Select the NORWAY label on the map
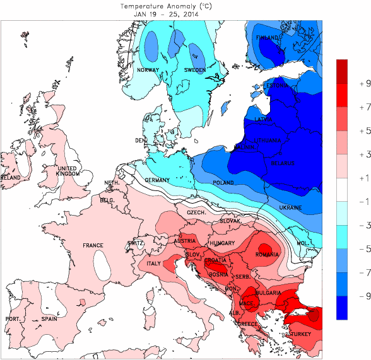tap(148, 70)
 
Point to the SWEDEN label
tap(195, 70)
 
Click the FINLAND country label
tap(268, 38)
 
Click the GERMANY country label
tap(157, 180)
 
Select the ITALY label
tap(154, 264)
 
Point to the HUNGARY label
tap(222, 243)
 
